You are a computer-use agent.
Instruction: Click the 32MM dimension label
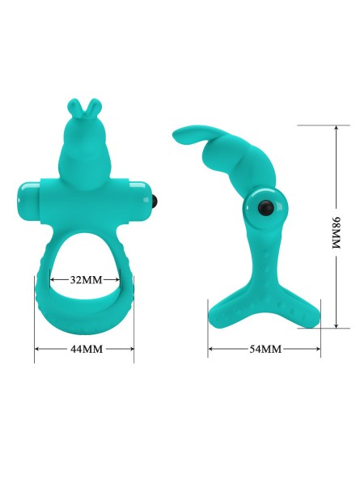86,279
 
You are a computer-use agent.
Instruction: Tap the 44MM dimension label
87,349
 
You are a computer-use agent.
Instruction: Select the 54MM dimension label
265,349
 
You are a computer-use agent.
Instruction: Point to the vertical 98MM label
337,232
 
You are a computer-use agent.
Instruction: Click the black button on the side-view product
265,208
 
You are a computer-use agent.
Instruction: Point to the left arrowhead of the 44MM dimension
37,349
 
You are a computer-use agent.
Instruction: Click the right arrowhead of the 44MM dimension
131,349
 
